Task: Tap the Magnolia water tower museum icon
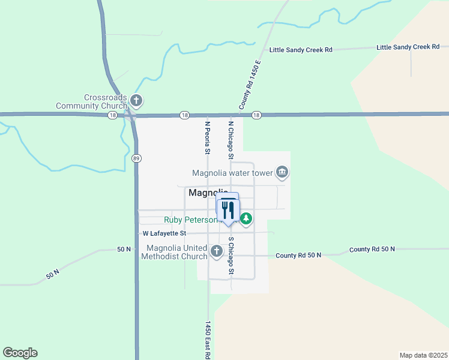pos(282,173)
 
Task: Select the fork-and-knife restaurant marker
pos(228,209)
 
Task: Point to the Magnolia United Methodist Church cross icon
pos(217,251)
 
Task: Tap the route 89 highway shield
pos(137,157)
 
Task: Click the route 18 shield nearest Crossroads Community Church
pos(112,115)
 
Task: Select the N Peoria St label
pos(207,137)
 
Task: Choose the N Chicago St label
pos(231,140)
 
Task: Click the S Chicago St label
pos(231,257)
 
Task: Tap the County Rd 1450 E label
pos(250,84)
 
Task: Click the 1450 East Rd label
pos(207,340)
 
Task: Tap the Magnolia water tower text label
pos(232,173)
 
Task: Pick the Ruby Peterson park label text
pos(191,220)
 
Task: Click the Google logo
pos(20,353)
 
